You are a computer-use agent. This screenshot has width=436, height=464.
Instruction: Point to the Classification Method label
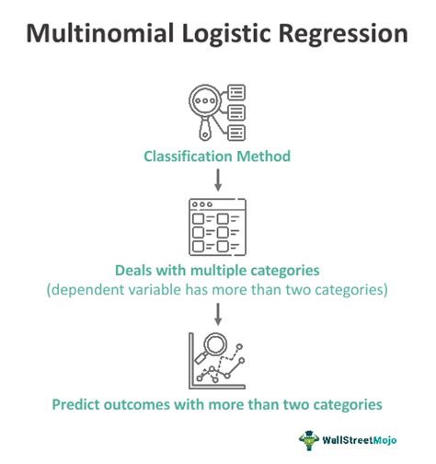pos(217,156)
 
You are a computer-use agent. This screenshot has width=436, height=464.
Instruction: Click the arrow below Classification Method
pos(218,178)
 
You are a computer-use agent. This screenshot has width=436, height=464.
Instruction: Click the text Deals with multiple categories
pos(218,272)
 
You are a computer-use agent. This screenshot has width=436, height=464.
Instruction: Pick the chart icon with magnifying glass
pos(218,362)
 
